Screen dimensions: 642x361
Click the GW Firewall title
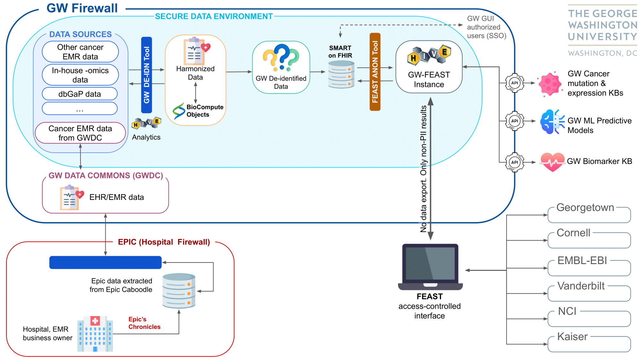click(82, 8)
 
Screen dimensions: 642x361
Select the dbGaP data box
click(80, 94)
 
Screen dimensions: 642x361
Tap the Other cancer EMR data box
click(80, 52)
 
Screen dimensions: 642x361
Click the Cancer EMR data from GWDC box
click(80, 133)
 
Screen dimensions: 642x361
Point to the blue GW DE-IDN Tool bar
click(147, 75)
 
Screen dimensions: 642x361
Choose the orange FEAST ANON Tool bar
click(375, 72)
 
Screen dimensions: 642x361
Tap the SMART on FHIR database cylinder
click(341, 74)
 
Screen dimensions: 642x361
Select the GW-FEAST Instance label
click(429, 80)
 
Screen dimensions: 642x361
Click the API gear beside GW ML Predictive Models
click(515, 121)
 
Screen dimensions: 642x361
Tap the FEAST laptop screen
click(430, 263)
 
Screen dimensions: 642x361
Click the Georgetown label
click(585, 208)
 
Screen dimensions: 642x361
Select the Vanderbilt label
click(581, 286)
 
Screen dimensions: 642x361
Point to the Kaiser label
click(572, 337)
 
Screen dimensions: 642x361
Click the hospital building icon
click(95, 334)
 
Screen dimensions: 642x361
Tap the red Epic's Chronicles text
click(144, 323)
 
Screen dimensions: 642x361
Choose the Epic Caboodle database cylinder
click(179, 291)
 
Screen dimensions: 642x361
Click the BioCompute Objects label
click(205, 111)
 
